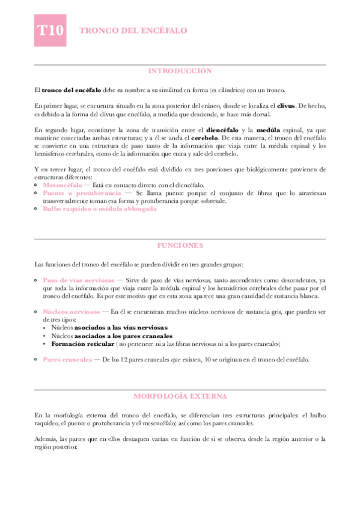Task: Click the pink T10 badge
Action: [x=51, y=31]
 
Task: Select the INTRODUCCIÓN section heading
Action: [x=180, y=71]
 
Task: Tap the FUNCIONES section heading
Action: [x=180, y=246]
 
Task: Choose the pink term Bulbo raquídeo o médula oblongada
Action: [x=100, y=209]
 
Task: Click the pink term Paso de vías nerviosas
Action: [x=79, y=280]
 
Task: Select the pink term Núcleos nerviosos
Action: [x=72, y=312]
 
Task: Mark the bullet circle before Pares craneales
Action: [x=37, y=360]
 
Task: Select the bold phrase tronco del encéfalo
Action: [x=72, y=89]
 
